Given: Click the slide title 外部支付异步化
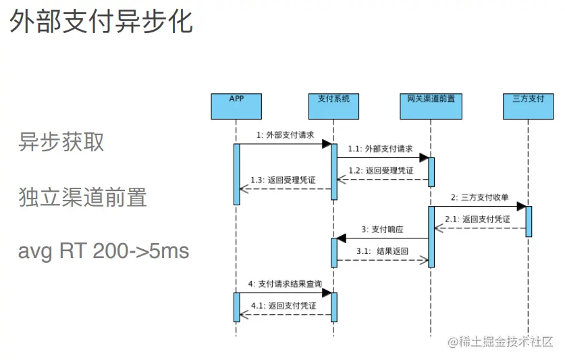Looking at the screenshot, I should [x=101, y=22].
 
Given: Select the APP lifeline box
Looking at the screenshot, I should [x=236, y=105].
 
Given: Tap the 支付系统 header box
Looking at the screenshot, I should [x=333, y=105].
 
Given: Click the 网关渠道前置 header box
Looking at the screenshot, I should [x=431, y=105].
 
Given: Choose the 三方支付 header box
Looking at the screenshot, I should [x=528, y=105].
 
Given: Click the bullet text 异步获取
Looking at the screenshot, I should [x=61, y=142].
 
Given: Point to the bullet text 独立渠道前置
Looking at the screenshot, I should [x=82, y=197].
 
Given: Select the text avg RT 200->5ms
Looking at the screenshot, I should [x=103, y=252].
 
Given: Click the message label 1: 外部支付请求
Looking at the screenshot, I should [x=285, y=135].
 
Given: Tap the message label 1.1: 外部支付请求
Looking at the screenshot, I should [x=380, y=149].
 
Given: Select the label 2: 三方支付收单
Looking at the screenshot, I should [x=479, y=198].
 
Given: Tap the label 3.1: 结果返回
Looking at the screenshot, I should [x=383, y=251].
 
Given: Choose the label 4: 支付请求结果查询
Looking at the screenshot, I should [x=285, y=284].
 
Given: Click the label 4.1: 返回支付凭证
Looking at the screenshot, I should [x=284, y=305].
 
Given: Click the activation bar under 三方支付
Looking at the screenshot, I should [x=529, y=221].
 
